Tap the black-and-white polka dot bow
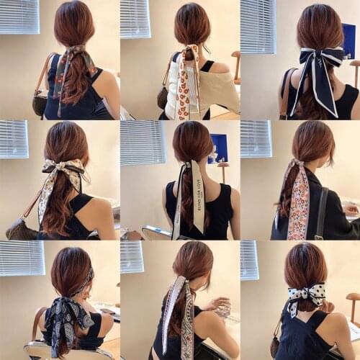click(x=306, y=294)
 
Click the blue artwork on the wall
click(x=217, y=148)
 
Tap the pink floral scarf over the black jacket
click(x=298, y=202)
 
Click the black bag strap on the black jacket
click(x=321, y=212)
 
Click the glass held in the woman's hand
click(x=224, y=309)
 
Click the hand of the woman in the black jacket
click(x=351, y=209)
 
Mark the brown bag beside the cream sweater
click(x=163, y=96)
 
